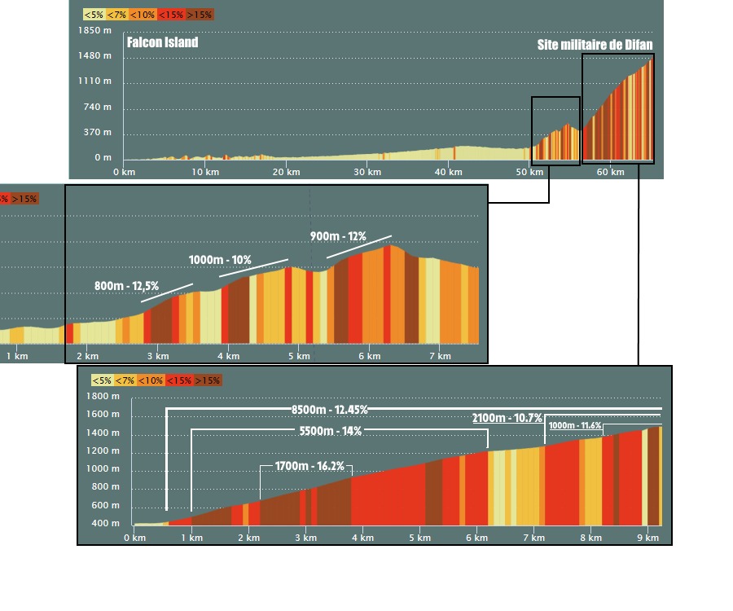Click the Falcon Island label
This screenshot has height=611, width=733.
[x=162, y=42]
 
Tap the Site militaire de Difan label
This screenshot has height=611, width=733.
[x=595, y=45]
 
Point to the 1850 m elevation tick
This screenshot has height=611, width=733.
[x=96, y=30]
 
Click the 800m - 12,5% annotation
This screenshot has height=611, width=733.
[x=126, y=286]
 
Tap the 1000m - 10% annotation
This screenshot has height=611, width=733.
[x=220, y=259]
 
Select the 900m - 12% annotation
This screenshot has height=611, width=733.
[x=338, y=236]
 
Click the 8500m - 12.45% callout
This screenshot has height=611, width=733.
[x=330, y=409]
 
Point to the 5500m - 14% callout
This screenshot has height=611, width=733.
[x=330, y=431]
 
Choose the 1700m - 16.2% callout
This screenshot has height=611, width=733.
[x=309, y=467]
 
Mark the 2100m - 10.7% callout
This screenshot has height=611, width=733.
[x=507, y=418]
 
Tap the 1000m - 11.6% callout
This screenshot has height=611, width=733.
[x=575, y=425]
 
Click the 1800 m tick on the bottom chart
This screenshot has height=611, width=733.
[x=103, y=397]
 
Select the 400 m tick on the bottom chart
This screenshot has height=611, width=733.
[x=107, y=524]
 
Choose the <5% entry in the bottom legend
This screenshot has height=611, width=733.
[x=102, y=380]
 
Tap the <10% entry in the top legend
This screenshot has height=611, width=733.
[x=143, y=15]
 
